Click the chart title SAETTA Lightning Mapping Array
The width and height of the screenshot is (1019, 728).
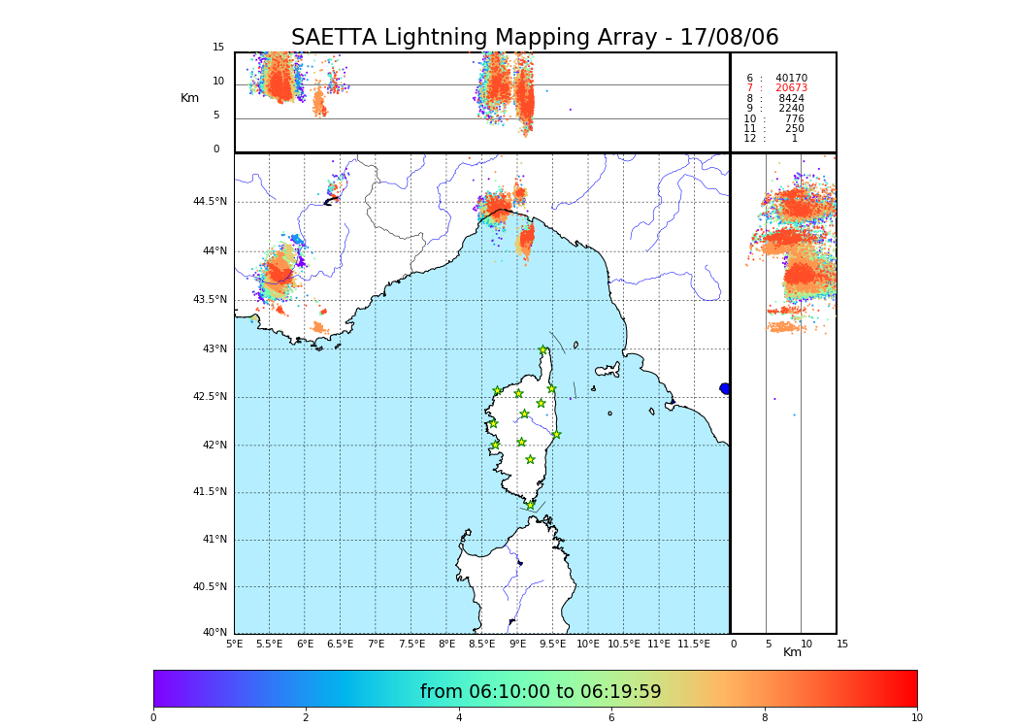pos(535,38)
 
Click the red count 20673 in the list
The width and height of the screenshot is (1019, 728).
pos(791,88)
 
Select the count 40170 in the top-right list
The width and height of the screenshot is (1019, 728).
pos(791,79)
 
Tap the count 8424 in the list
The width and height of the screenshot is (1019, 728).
pos(791,99)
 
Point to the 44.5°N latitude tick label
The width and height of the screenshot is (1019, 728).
pos(210,202)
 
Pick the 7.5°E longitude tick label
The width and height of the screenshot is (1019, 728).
pos(411,644)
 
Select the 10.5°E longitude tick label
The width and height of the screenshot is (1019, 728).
pos(623,644)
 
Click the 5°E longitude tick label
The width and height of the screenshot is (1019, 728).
pos(235,644)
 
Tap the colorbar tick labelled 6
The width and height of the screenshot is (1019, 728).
pos(611,717)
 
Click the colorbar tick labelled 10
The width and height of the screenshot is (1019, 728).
pos(916,717)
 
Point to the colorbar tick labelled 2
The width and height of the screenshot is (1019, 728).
pos(306,717)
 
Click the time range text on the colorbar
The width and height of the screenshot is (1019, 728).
pos(541,692)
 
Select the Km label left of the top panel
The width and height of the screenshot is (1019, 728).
pos(189,98)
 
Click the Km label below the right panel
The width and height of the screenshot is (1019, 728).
pos(792,652)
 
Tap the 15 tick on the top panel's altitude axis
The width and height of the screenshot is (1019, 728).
pos(218,48)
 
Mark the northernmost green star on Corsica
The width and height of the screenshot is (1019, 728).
pos(543,350)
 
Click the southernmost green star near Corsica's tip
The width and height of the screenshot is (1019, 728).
pos(531,505)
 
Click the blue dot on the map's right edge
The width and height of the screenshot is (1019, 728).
pos(725,388)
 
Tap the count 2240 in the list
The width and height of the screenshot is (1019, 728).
pos(791,109)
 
